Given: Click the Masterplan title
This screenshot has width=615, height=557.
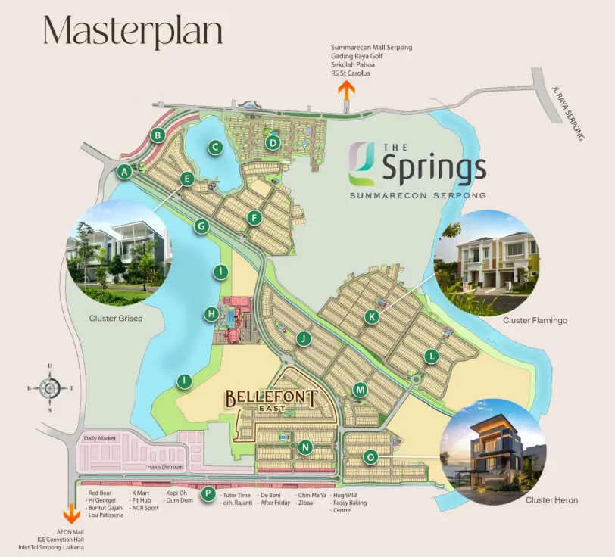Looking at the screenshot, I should coord(133,32).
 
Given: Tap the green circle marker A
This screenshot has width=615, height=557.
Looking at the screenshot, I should coord(125,173).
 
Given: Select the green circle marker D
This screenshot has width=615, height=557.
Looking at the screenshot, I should coord(273,142).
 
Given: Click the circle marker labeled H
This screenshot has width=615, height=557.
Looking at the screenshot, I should coord(212,313).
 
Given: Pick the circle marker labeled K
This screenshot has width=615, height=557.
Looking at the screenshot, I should coord(371,317).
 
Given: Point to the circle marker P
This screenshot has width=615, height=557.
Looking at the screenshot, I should coord(208,494).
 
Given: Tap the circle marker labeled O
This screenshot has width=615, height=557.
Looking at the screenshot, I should coord(370,457).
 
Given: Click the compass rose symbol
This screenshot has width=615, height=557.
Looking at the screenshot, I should coord(50,387).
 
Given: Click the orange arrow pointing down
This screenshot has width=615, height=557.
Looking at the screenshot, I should coord(72,515).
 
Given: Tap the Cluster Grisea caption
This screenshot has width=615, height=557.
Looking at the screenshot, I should coord(116,319).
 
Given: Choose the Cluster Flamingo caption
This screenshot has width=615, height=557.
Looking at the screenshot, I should coord(535,321).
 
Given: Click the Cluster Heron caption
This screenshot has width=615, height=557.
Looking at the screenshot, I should coord(551,500).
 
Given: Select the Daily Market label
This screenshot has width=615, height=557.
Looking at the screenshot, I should coord(100,438).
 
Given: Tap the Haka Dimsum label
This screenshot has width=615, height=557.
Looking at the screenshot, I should coord(164,468).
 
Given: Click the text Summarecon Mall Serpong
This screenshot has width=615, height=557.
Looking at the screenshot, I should coord(371,48).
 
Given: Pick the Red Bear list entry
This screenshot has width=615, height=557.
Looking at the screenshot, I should coord(100,493).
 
